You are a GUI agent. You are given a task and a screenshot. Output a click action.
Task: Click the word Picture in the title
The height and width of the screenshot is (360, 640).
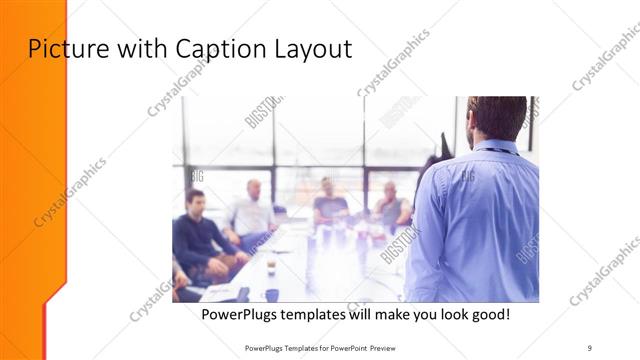(63, 48)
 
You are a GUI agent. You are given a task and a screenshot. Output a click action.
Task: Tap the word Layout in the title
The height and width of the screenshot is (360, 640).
(311, 48)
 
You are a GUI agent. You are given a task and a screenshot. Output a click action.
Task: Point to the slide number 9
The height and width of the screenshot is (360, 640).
(590, 346)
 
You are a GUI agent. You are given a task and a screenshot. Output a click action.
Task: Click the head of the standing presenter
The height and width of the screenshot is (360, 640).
(497, 118)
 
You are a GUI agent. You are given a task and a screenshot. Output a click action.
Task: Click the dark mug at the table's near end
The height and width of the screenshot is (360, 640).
(271, 294)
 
